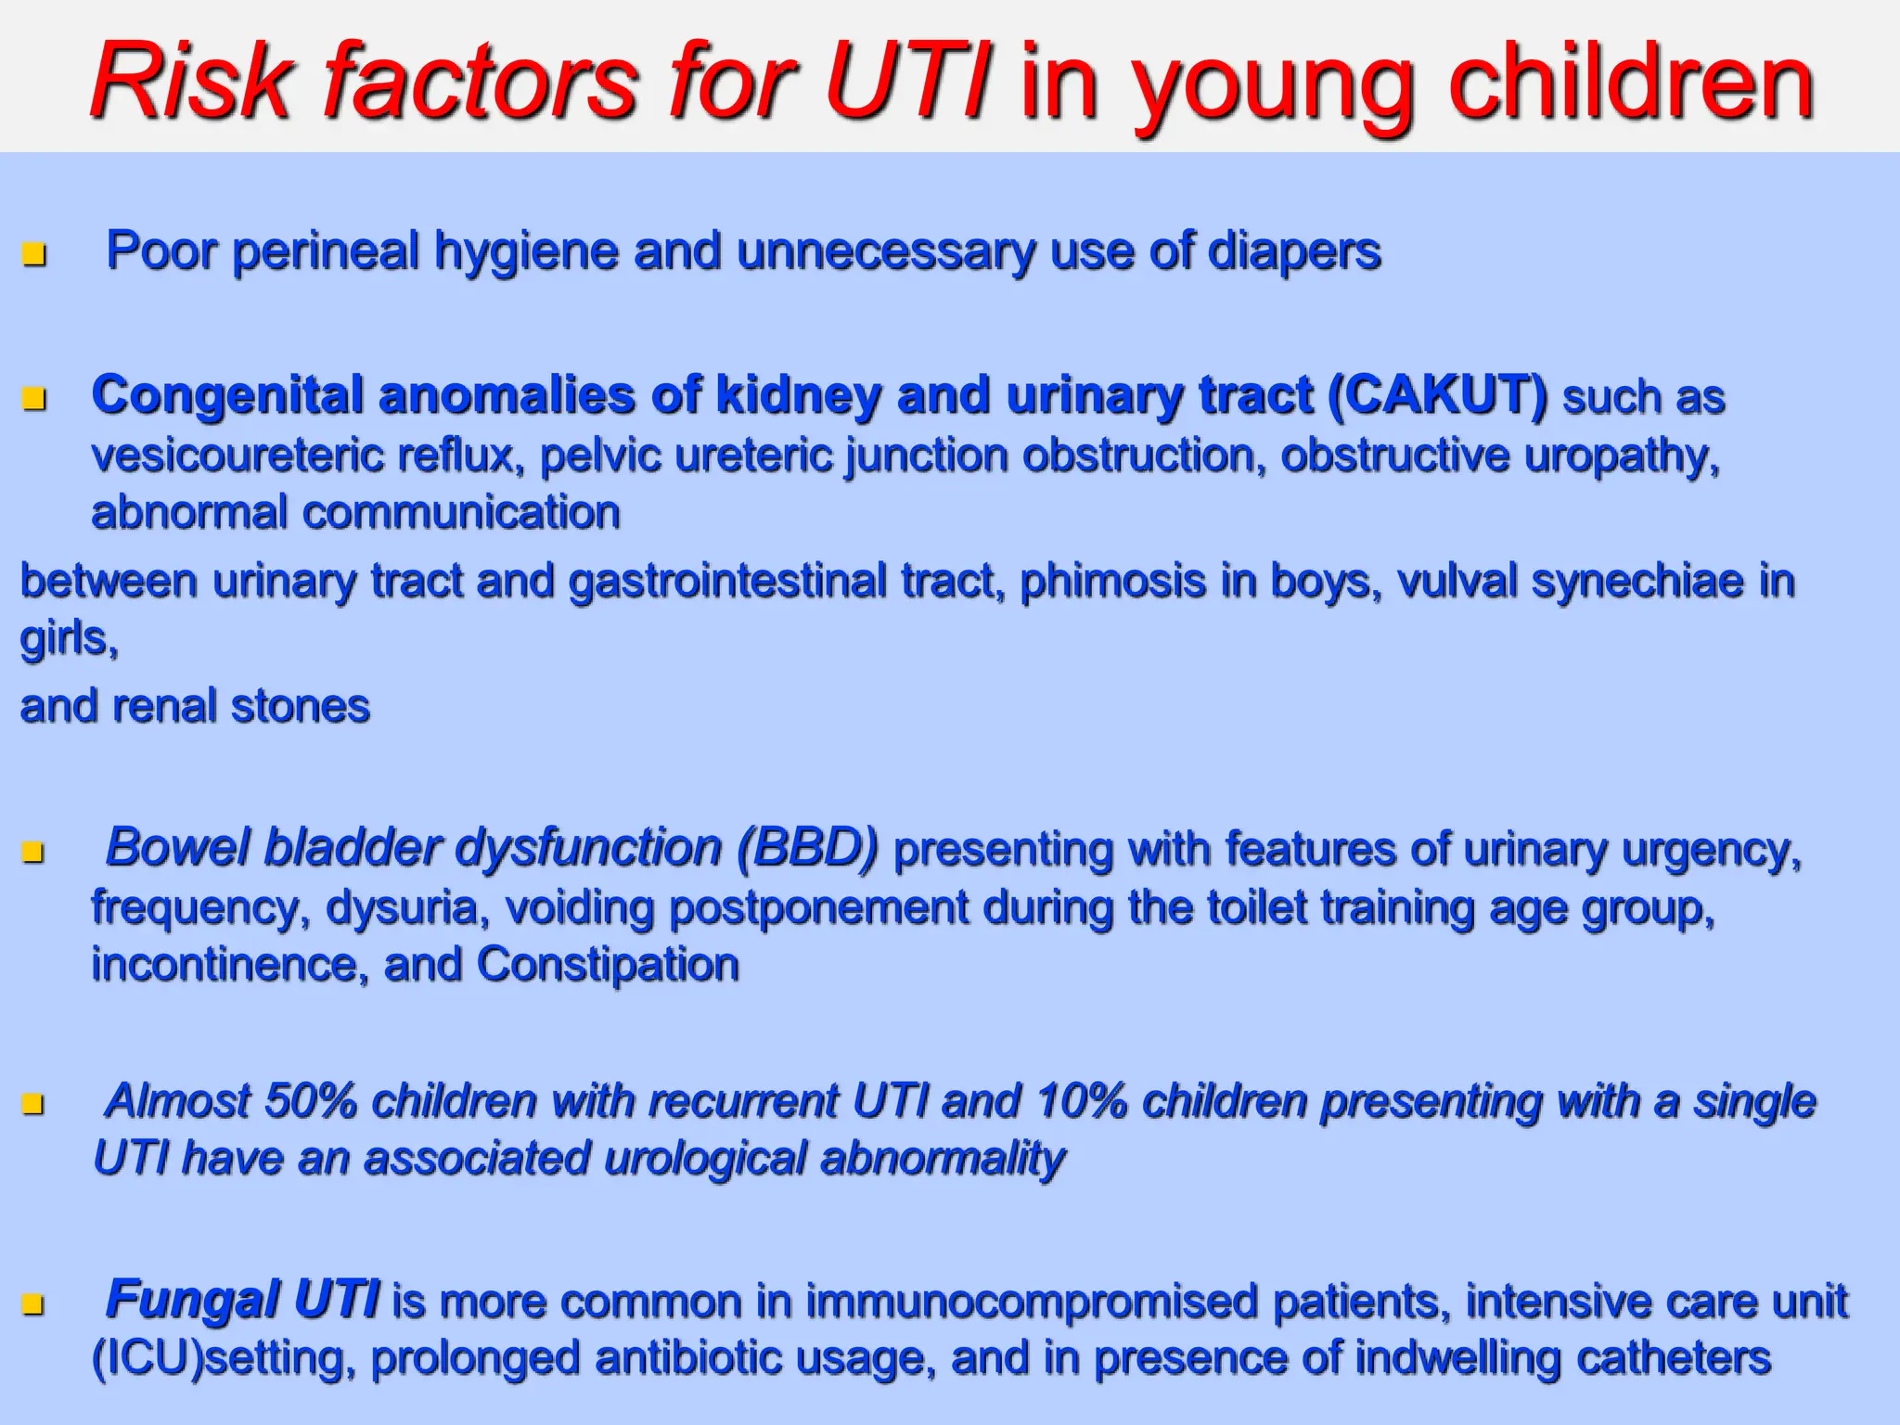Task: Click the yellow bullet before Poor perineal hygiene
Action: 34,253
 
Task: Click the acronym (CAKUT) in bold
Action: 1437,395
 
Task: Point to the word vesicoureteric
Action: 237,456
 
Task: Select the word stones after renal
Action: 301,706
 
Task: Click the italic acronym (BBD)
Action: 807,848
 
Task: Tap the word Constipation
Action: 608,965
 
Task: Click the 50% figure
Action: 311,1101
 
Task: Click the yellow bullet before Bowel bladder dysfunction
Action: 34,851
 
